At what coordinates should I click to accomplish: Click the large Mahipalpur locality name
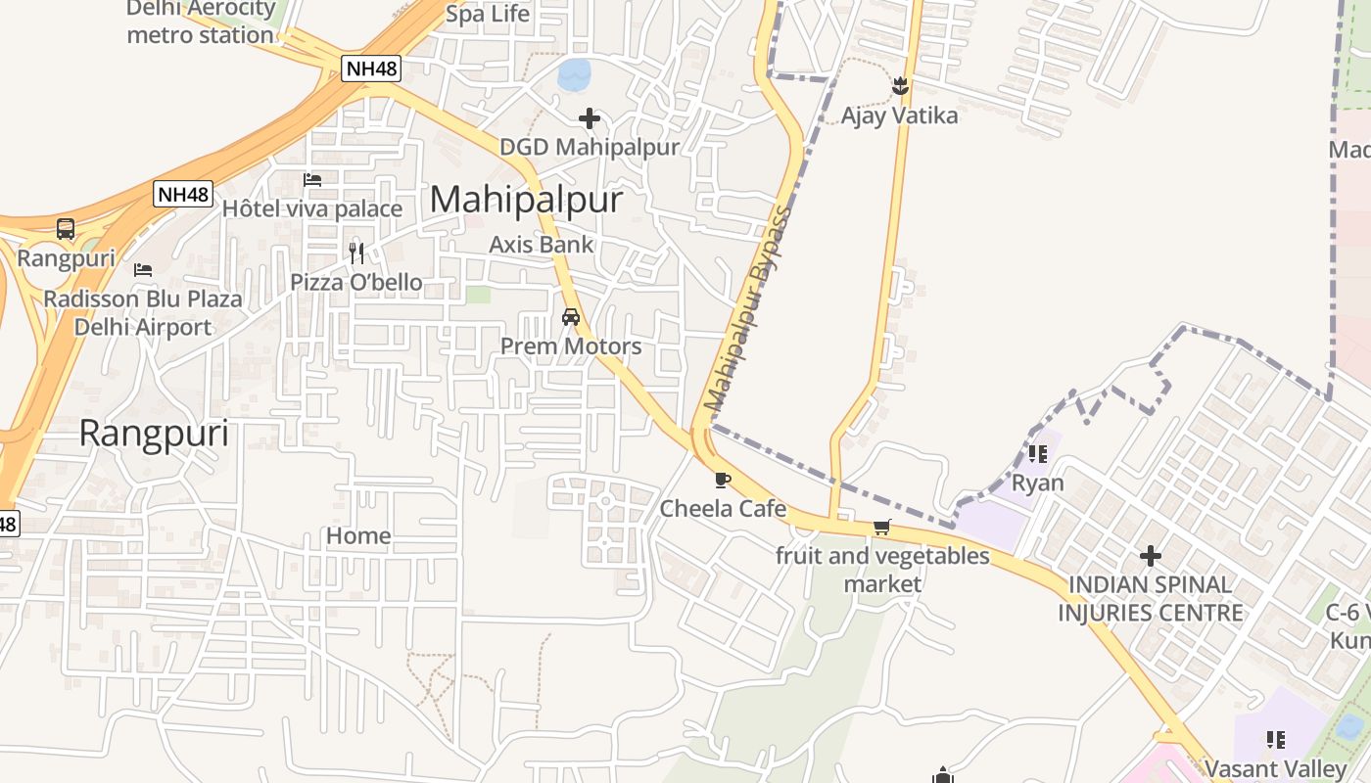[526, 200]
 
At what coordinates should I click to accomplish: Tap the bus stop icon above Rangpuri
[66, 229]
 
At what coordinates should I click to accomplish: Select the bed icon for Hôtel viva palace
[312, 179]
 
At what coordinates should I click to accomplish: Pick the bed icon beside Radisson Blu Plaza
[143, 269]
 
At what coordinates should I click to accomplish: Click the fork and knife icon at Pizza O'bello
[356, 253]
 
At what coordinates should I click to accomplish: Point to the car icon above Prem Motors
[571, 317]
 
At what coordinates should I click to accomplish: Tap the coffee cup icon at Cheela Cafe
[723, 480]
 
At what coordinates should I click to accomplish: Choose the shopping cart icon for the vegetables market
[881, 528]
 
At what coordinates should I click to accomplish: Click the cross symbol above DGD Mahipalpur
[590, 118]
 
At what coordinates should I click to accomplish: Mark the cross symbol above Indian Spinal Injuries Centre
[1151, 556]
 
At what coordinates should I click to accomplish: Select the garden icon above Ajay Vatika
[900, 86]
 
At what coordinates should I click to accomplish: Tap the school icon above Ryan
[1038, 454]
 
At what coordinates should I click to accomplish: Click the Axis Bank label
[542, 244]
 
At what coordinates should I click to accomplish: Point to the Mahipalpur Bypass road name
[747, 308]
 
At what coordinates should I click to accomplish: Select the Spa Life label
[488, 14]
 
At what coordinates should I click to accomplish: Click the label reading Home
[358, 535]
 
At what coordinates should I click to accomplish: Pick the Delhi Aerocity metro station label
[201, 22]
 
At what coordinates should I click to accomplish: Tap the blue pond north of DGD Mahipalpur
[575, 72]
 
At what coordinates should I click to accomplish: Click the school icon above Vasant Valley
[1275, 739]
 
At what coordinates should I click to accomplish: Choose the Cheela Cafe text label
[723, 508]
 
